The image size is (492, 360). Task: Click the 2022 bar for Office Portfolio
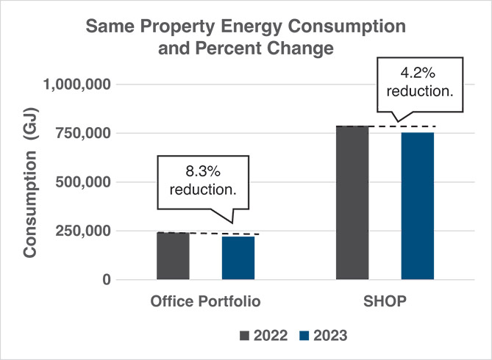173,256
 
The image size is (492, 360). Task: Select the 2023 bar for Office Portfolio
238,258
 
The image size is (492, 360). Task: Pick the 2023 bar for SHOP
418,206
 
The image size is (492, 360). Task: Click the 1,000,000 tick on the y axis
77,84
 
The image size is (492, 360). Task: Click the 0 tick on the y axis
107,280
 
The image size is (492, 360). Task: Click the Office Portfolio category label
205,302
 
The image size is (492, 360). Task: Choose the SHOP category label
385,302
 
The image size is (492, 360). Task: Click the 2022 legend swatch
245,336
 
